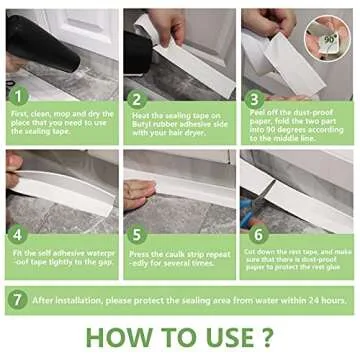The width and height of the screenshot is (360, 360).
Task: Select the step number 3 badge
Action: coord(254,100)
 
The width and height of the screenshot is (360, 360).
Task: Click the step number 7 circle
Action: coord(17,298)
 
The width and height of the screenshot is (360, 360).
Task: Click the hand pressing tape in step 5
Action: coord(140,190)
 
